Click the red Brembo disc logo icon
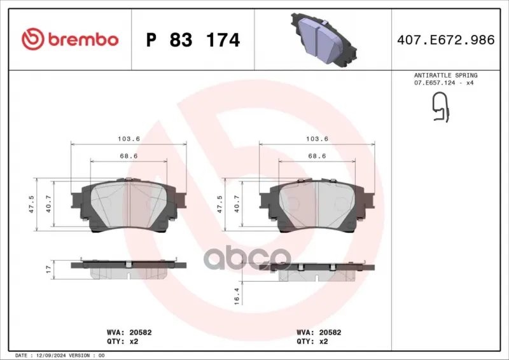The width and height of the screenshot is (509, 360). click(x=33, y=39)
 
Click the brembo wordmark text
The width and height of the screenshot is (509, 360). click(x=83, y=39)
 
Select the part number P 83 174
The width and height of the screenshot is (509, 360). click(x=193, y=40)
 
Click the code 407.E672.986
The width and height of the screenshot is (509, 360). click(x=446, y=39)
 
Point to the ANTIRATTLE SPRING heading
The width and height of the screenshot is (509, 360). click(x=446, y=75)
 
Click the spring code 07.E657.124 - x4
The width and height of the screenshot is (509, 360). click(x=443, y=83)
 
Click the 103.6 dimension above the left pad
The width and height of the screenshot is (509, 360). click(x=129, y=139)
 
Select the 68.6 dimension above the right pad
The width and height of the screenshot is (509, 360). click(x=317, y=156)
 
